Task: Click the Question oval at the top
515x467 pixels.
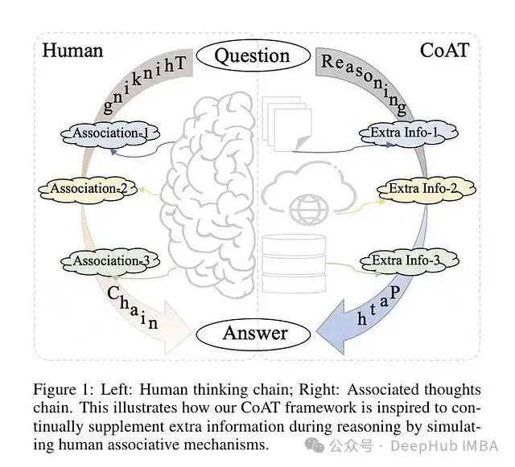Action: [253, 55]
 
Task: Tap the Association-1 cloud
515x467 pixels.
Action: [110, 134]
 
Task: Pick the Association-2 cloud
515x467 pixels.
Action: [88, 189]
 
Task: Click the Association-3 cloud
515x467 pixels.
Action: [110, 261]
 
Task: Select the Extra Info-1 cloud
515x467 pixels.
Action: [409, 133]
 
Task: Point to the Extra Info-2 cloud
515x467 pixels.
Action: [426, 189]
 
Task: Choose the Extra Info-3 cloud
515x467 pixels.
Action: [410, 261]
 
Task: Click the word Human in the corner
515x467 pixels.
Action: [72, 51]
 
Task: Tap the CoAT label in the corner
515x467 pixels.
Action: [445, 51]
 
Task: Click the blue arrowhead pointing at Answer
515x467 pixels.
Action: [332, 327]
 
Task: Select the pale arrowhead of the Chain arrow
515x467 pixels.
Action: [177, 328]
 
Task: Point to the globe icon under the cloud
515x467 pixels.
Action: [309, 209]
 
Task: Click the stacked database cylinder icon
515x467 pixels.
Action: [295, 264]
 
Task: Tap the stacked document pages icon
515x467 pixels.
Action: [287, 124]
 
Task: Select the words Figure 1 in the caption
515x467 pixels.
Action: [63, 390]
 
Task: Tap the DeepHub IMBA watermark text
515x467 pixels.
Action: [444, 445]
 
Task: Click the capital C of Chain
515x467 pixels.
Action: [113, 293]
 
